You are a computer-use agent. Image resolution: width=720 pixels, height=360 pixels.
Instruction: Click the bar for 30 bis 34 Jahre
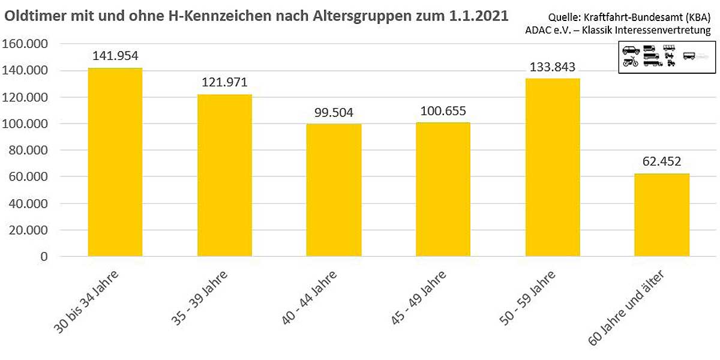click(x=115, y=162)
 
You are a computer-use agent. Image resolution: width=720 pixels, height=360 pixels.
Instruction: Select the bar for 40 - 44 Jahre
click(x=334, y=190)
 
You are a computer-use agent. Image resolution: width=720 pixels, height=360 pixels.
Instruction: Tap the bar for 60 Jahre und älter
click(x=662, y=215)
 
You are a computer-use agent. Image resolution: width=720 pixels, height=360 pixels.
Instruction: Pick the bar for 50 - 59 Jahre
click(x=553, y=167)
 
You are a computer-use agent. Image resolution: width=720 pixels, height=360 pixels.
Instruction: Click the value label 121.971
click(x=224, y=82)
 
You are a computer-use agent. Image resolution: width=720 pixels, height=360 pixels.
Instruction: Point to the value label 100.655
click(x=443, y=111)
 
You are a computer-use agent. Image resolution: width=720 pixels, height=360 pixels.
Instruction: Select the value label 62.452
click(x=662, y=161)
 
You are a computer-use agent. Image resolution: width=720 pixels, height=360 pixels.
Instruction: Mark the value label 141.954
click(x=115, y=56)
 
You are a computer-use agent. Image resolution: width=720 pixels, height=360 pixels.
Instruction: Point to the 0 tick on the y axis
click(x=44, y=257)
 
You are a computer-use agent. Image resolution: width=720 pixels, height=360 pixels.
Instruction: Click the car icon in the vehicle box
click(x=631, y=50)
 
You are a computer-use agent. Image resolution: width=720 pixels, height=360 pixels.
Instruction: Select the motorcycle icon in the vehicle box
click(x=630, y=62)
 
